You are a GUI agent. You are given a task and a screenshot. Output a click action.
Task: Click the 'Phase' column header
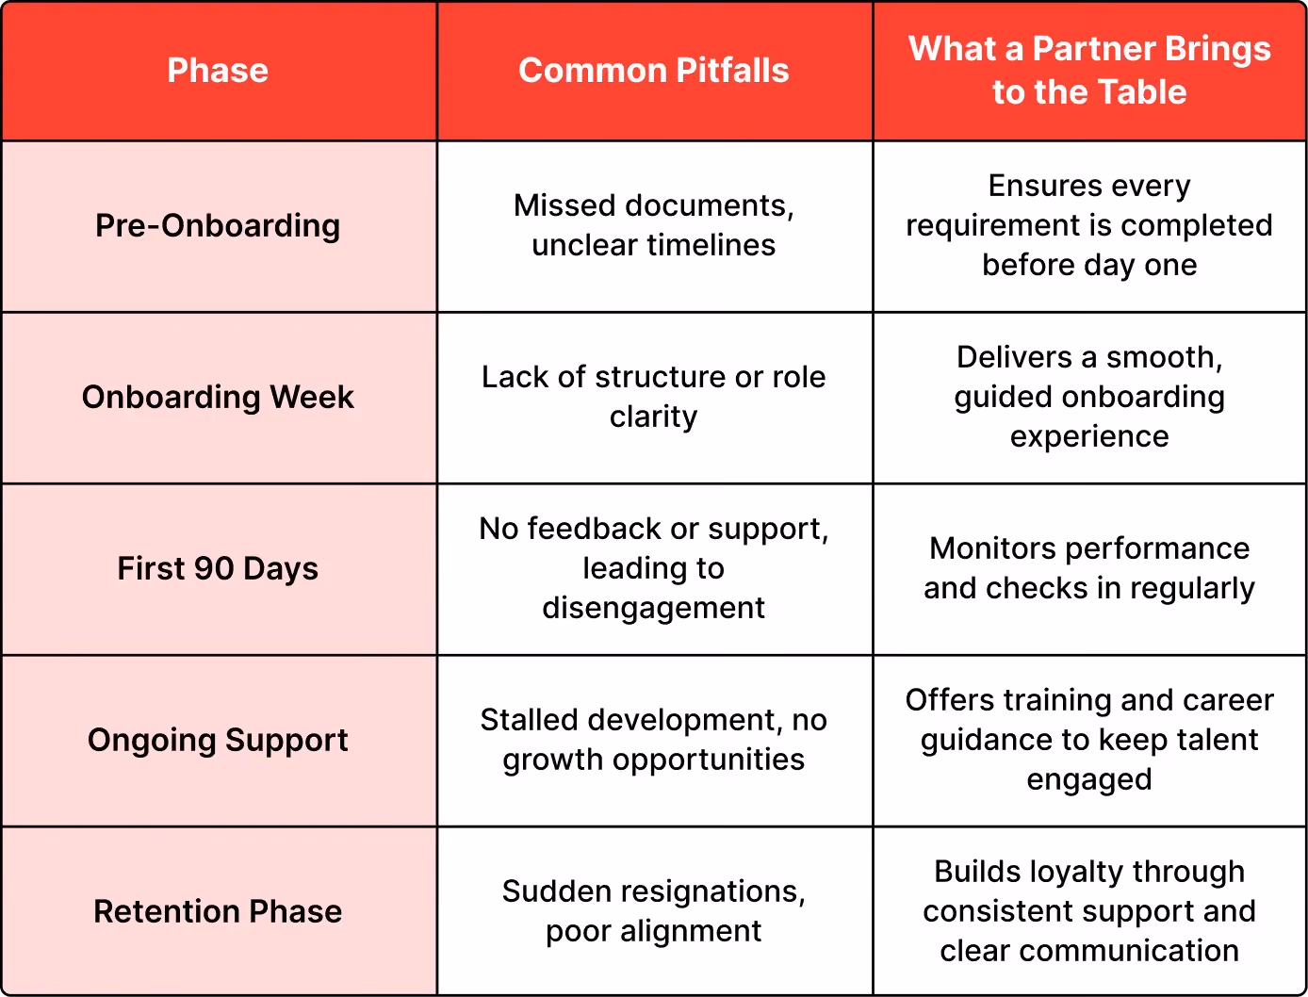pyautogui.click(x=218, y=71)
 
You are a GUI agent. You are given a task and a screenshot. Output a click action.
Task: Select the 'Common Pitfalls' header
pyautogui.click(x=654, y=71)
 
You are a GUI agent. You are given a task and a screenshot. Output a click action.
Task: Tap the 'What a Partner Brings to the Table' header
pyautogui.click(x=1089, y=70)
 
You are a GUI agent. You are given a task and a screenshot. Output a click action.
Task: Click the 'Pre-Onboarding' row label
pyautogui.click(x=218, y=226)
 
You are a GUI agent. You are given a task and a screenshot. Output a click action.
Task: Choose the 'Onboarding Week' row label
pyautogui.click(x=218, y=397)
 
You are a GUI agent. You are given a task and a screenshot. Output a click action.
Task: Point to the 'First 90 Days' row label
pyautogui.click(x=218, y=568)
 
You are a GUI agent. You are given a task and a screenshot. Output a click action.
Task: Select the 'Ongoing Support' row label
pyautogui.click(x=218, y=740)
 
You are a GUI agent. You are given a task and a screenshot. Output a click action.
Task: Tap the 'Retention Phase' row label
pyautogui.click(x=218, y=911)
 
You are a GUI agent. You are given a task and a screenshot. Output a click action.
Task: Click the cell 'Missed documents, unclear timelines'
pyautogui.click(x=654, y=225)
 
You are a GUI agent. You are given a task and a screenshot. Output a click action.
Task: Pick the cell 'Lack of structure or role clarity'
pyautogui.click(x=654, y=397)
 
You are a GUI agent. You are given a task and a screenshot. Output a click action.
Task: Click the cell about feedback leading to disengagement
pyautogui.click(x=654, y=568)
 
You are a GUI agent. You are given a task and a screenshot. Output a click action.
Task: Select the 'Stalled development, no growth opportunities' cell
pyautogui.click(x=654, y=740)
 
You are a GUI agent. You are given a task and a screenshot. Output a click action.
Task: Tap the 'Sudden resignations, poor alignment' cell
pyautogui.click(x=654, y=910)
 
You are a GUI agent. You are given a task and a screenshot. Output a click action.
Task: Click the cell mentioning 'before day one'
pyautogui.click(x=1089, y=225)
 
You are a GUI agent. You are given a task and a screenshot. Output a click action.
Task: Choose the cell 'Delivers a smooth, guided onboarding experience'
pyautogui.click(x=1089, y=397)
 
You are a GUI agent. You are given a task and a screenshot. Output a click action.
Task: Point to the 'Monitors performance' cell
pyautogui.click(x=1089, y=568)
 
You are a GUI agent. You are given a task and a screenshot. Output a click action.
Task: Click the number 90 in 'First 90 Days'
pyautogui.click(x=214, y=568)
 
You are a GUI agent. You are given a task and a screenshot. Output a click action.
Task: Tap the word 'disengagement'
pyautogui.click(x=654, y=609)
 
